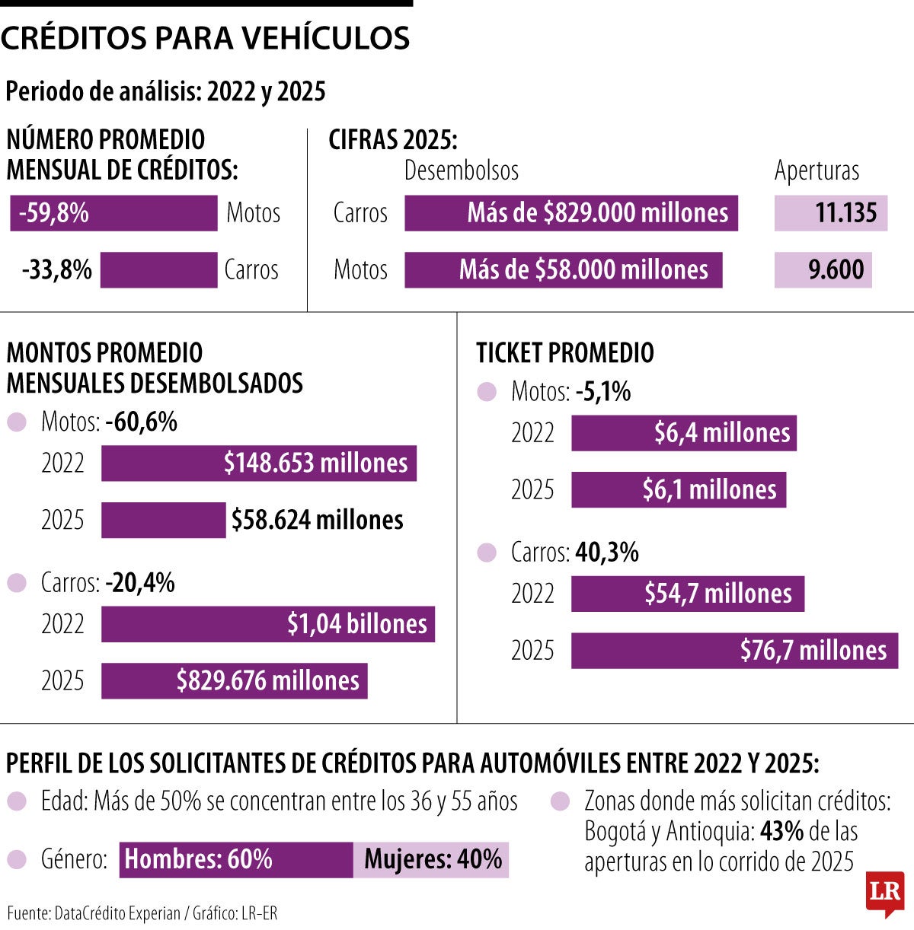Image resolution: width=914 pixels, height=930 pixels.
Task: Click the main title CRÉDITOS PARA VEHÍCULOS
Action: tap(206, 38)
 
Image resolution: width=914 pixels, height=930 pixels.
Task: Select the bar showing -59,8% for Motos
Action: tap(113, 213)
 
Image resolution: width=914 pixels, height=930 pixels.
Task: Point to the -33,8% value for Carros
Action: tap(57, 269)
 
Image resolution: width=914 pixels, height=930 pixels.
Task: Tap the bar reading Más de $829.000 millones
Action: tap(570, 213)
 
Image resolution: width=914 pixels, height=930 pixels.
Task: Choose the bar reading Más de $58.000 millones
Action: tap(563, 269)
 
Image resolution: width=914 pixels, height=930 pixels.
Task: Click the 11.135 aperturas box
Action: tap(830, 213)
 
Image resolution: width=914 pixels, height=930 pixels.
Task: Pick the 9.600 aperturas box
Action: tap(823, 269)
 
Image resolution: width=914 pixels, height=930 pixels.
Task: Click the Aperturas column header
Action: tap(817, 170)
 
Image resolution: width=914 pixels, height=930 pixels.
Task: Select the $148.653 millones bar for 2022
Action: tap(259, 463)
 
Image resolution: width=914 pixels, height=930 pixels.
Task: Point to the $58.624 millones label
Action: tap(318, 520)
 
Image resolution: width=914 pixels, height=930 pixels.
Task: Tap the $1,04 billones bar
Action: tap(268, 624)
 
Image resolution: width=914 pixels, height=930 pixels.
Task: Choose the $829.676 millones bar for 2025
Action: tap(235, 680)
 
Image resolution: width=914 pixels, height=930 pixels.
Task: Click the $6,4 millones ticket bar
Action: tap(684, 433)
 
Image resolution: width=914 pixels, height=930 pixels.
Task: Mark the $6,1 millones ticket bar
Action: tap(679, 489)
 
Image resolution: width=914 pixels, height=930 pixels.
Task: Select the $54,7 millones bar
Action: tap(688, 594)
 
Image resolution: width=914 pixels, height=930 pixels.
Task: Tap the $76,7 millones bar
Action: tap(734, 651)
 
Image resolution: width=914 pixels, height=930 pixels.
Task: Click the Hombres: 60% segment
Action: tap(236, 859)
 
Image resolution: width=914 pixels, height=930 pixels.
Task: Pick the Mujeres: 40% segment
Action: tap(431, 859)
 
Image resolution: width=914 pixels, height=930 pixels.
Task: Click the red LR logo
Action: tap(885, 893)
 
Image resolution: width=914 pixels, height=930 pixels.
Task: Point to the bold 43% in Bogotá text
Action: tap(781, 831)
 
